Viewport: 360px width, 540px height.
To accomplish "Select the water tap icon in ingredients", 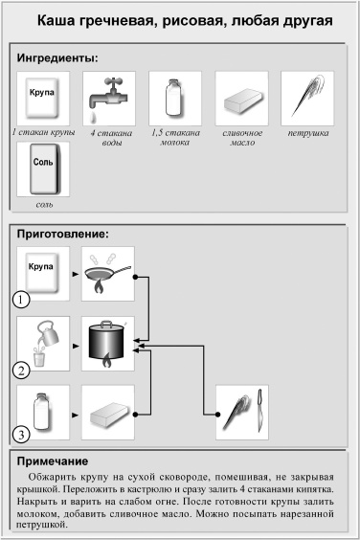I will (108, 99).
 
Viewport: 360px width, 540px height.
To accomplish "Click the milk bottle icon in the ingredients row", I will (173, 99).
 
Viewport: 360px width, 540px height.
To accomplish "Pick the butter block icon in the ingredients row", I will (240, 100).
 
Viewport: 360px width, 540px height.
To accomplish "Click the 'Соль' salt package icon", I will (43, 169).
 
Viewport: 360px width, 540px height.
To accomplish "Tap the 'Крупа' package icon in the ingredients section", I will (43, 99).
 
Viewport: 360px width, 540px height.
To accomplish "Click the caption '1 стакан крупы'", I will (43, 133).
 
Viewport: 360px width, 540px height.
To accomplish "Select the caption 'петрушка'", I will (306, 133).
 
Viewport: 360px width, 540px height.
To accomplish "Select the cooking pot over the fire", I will (108, 343).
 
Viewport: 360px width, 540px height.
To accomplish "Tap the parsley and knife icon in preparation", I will (242, 411).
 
